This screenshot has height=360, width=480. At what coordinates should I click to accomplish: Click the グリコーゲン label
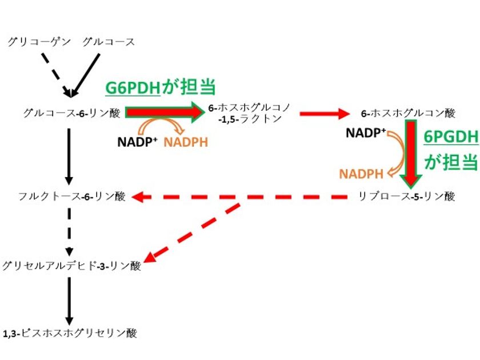click(x=39, y=41)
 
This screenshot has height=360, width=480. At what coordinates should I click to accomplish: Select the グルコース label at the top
click(x=109, y=41)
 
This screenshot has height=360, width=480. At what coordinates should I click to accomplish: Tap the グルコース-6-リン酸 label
click(x=72, y=113)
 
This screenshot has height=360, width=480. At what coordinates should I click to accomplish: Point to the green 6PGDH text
click(x=450, y=138)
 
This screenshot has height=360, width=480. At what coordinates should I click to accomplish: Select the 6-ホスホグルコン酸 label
click(x=408, y=113)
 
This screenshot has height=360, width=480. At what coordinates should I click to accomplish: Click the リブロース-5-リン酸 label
click(x=406, y=197)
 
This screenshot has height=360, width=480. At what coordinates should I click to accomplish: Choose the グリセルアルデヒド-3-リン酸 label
click(x=71, y=265)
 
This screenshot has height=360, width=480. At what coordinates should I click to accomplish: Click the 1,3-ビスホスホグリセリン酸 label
click(x=70, y=333)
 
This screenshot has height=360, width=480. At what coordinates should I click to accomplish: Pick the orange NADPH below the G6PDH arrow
click(x=186, y=142)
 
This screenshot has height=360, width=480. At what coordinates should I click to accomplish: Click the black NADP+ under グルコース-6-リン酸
click(x=137, y=142)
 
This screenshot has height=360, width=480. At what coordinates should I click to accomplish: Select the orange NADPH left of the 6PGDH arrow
click(x=362, y=173)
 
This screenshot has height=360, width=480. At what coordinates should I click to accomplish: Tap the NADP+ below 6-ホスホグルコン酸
click(x=366, y=133)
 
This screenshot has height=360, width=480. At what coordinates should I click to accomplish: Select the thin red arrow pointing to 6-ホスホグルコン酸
click(x=323, y=113)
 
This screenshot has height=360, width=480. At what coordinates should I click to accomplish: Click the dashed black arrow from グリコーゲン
click(x=55, y=74)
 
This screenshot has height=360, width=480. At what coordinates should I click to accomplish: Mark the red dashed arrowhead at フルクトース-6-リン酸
click(x=138, y=197)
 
